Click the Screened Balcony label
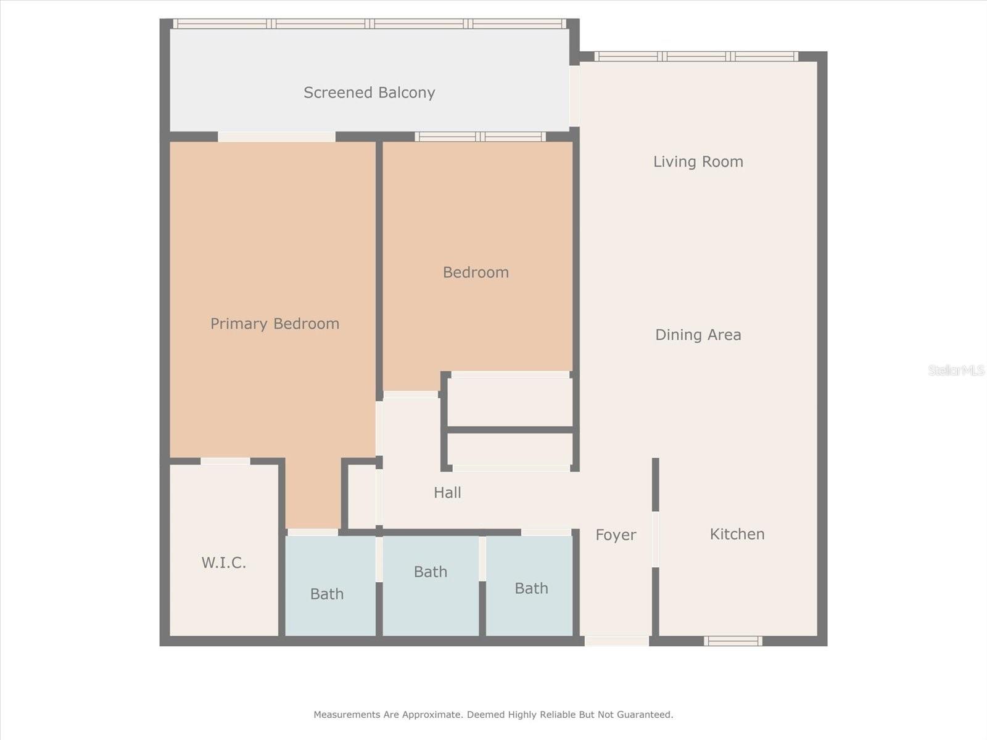click(369, 92)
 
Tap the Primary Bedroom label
click(275, 324)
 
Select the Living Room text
click(698, 162)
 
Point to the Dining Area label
click(698, 335)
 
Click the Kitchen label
click(737, 534)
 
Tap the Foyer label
click(615, 535)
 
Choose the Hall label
click(447, 492)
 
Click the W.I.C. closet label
click(223, 562)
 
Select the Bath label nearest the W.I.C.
click(326, 594)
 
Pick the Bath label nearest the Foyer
click(531, 588)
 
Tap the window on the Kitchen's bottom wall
click(733, 641)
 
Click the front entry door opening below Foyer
click(616, 641)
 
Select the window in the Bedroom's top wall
click(480, 136)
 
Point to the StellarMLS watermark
click(956, 370)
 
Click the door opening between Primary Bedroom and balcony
click(276, 136)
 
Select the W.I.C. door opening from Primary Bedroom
click(225, 461)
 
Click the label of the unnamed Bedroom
click(476, 272)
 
